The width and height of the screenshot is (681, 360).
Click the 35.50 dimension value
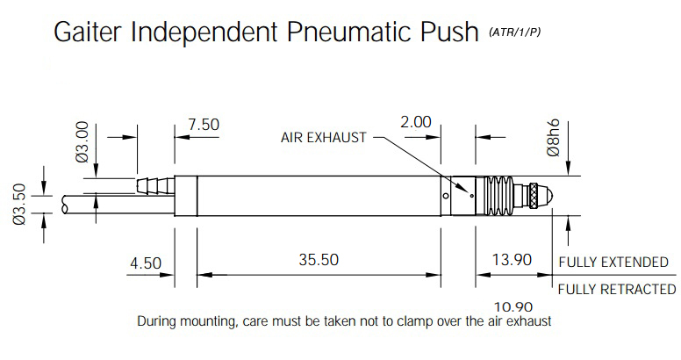coord(319,260)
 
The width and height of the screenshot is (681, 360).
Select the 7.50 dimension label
coord(204,125)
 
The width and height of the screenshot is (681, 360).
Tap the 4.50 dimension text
coord(146,263)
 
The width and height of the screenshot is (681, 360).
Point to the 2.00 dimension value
coord(416,122)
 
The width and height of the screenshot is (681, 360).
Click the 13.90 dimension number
coord(512,260)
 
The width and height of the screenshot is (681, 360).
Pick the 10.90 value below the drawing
coord(513,307)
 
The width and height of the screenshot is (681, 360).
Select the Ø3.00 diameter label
coord(82,141)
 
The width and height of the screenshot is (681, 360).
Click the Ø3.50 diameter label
coord(19,204)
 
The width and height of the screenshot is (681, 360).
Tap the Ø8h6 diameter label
coord(553,138)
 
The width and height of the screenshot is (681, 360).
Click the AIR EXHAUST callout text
coord(324,138)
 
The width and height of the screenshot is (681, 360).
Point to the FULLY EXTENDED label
coord(613,263)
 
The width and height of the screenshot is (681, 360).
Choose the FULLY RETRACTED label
coord(617,289)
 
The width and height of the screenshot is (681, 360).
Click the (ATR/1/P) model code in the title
coord(514,32)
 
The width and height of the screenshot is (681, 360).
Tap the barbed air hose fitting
coord(155,185)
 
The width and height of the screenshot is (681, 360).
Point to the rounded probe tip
coord(547,196)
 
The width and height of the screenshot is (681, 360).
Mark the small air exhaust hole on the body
coord(472,196)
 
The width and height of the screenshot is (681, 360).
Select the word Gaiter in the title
coord(89,32)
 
